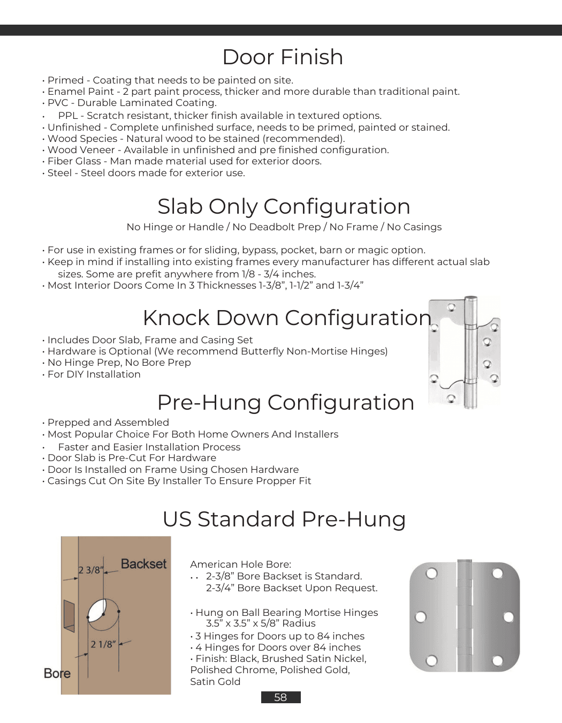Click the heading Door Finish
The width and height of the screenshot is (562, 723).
[x=283, y=57]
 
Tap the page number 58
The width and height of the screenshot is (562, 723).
[x=280, y=697]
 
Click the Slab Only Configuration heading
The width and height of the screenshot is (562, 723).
[x=284, y=207]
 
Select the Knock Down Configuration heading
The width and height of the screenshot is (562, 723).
[x=287, y=318]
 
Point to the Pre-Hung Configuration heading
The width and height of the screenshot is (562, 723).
[x=286, y=403]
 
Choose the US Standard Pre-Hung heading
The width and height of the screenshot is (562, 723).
[x=284, y=519]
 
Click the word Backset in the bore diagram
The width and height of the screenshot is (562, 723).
[x=143, y=564]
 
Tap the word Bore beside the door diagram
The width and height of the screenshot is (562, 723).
[x=57, y=673]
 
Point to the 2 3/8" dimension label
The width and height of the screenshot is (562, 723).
[x=90, y=570]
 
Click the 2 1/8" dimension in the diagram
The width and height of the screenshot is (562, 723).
[x=103, y=644]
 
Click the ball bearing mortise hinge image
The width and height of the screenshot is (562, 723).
[x=465, y=616]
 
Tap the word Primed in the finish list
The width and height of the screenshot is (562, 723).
[x=66, y=80]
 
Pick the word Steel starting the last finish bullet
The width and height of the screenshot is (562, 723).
[x=59, y=173]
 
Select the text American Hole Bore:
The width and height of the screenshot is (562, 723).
[x=241, y=564]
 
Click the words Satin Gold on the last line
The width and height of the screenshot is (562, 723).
[x=215, y=682]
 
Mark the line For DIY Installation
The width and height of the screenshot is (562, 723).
[x=94, y=374]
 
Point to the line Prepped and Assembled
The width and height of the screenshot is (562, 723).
[x=108, y=423]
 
